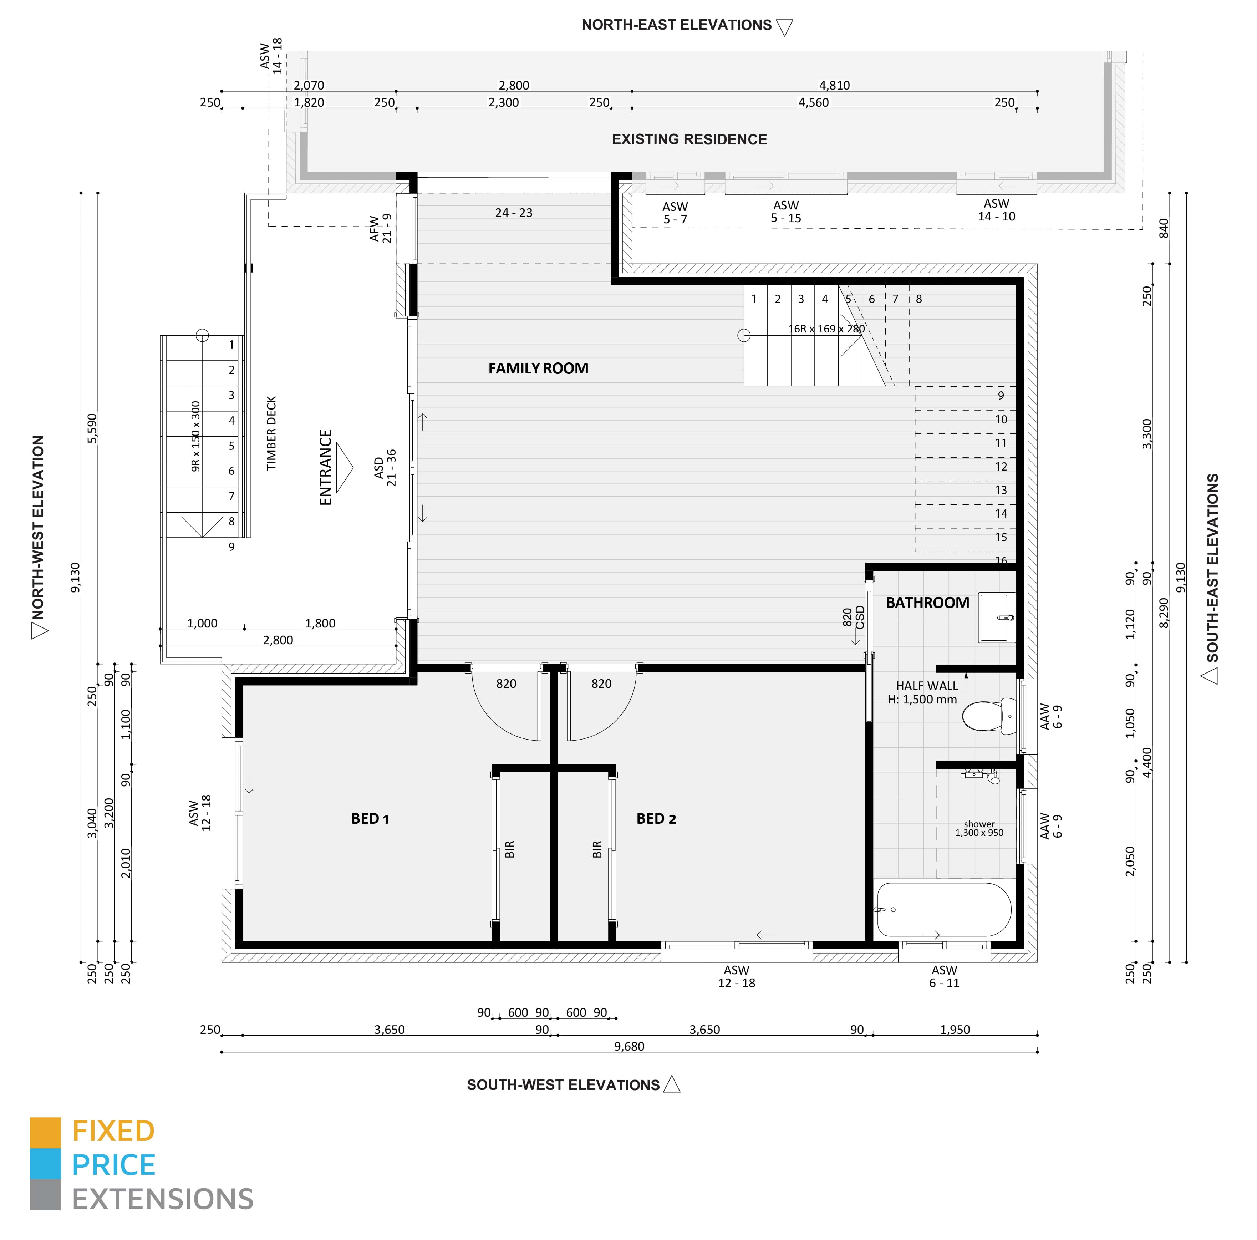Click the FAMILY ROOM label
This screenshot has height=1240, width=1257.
click(538, 368)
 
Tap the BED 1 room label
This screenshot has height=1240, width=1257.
click(370, 818)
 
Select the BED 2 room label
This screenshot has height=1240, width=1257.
click(656, 818)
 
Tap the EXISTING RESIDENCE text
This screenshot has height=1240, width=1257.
click(689, 139)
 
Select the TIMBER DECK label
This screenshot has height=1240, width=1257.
click(272, 433)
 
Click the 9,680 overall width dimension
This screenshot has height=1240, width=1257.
click(628, 1046)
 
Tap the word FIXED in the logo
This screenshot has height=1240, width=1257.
click(113, 1131)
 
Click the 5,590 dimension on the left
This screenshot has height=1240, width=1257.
click(92, 428)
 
